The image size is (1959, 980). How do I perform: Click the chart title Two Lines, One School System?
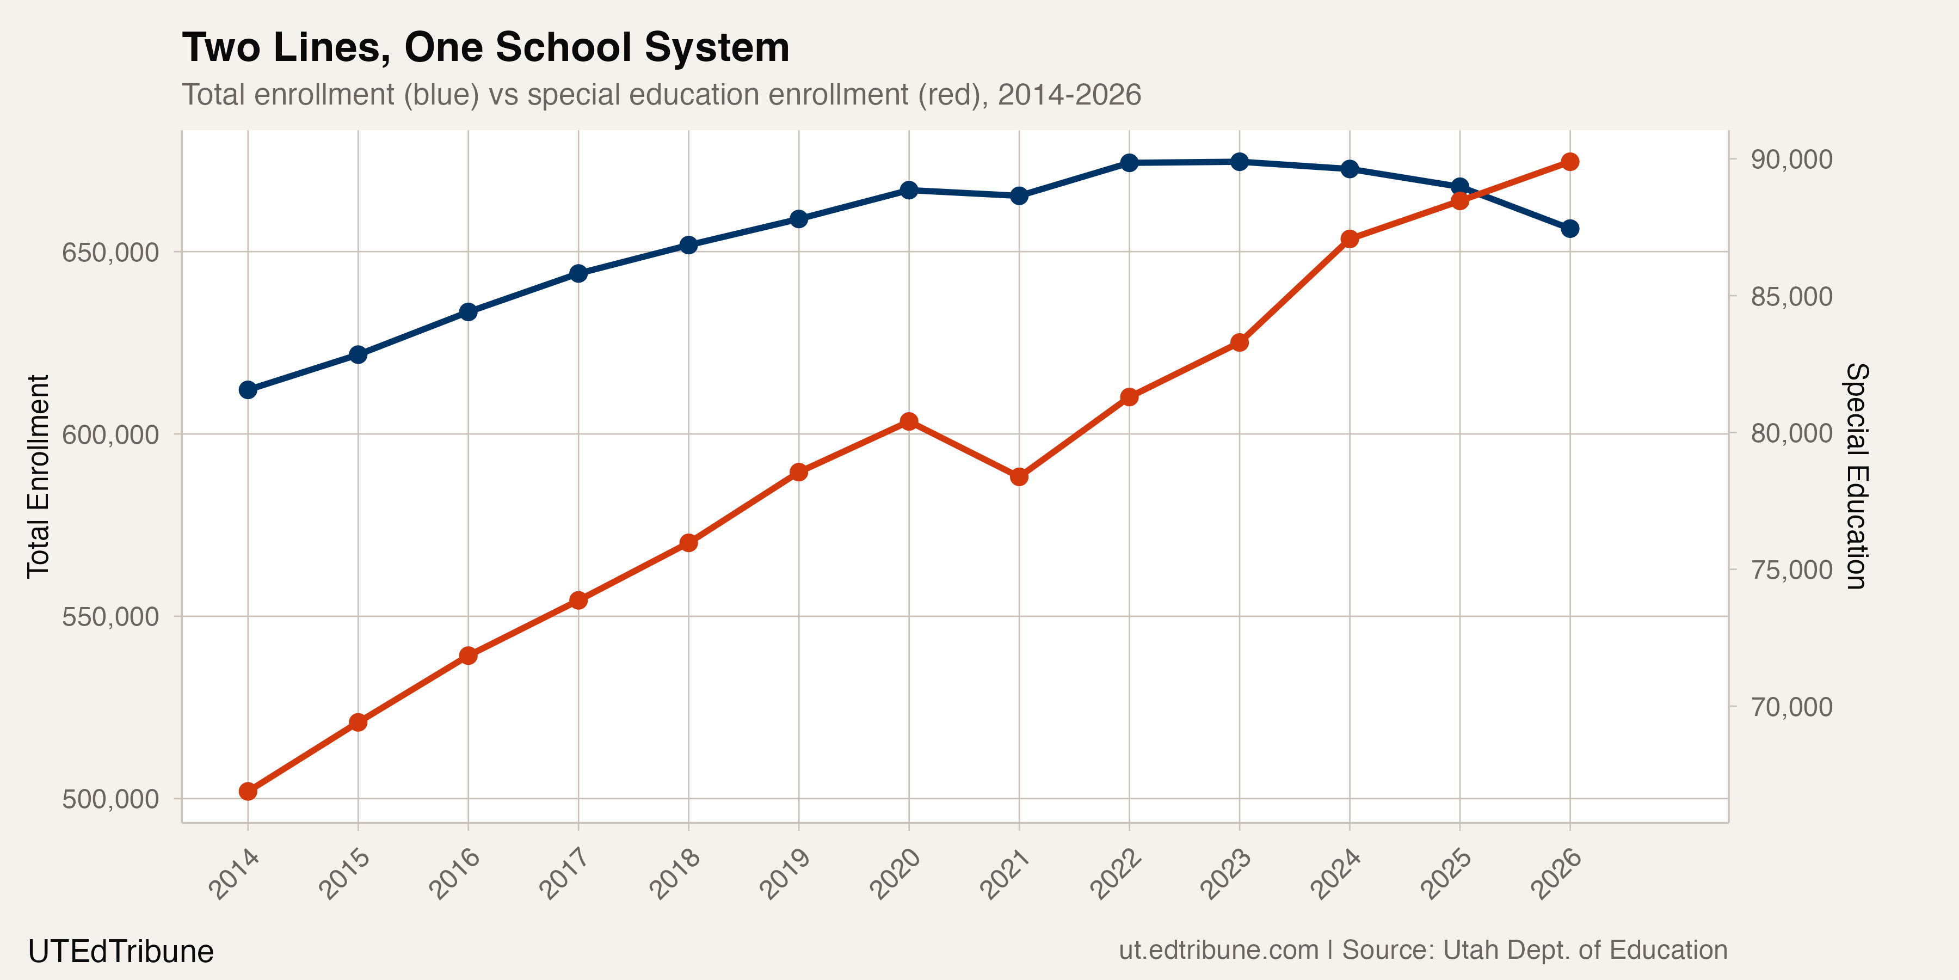pos(485,47)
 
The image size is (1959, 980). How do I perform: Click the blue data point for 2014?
pos(248,390)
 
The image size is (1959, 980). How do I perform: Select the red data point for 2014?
pos(248,791)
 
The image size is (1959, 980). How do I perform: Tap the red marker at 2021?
pos(1019,477)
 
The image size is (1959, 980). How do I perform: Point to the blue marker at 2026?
pos(1569,228)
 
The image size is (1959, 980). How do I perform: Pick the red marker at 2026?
pos(1569,161)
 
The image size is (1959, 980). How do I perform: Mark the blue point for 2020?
pos(909,189)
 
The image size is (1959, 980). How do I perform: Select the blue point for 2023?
pos(1240,161)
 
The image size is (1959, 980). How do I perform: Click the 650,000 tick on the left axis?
pos(110,253)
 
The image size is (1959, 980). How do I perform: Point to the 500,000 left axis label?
pos(110,799)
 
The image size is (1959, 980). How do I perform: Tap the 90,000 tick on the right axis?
pos(1791,159)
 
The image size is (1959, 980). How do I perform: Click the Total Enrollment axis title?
pos(38,476)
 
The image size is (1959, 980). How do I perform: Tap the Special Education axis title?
pos(1856,476)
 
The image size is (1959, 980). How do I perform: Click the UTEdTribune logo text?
pos(121,952)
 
